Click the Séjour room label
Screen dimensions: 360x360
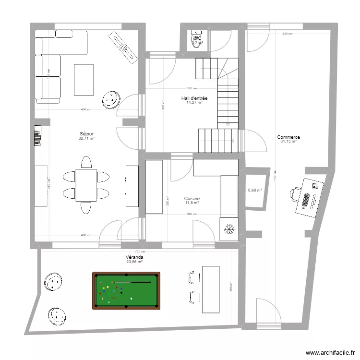86,134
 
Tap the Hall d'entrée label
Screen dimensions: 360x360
194,98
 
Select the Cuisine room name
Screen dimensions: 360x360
192,198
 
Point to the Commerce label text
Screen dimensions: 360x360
288,137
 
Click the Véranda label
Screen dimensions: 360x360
134,257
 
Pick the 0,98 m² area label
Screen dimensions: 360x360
254,190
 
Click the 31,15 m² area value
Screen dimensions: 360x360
288,142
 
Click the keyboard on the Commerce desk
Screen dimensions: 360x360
306,199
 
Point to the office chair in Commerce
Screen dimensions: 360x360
294,193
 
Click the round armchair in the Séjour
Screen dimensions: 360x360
111,100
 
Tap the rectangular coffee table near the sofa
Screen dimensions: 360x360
84,80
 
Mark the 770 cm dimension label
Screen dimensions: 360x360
140,252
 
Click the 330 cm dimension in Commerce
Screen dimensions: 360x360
287,34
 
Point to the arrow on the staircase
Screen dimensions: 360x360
233,141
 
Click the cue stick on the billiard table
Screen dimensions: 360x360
137,282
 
